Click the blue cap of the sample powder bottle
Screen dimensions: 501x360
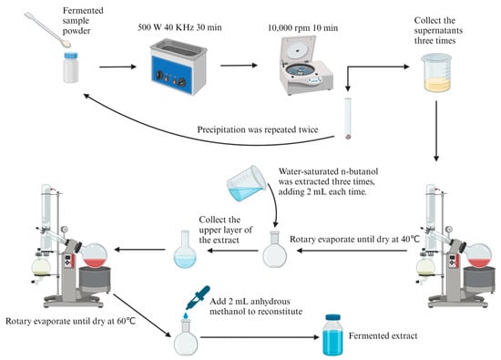pyautogui.click(x=71, y=56)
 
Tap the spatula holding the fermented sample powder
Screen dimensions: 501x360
pyautogui.click(x=47, y=30)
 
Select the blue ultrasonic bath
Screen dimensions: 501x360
pyautogui.click(x=179, y=67)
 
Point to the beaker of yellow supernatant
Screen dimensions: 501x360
pyautogui.click(x=436, y=73)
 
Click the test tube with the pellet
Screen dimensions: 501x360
pyautogui.click(x=348, y=118)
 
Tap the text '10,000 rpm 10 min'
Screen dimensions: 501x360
pyautogui.click(x=302, y=28)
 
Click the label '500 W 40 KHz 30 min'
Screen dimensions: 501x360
pyautogui.click(x=179, y=27)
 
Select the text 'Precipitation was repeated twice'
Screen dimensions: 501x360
pyautogui.click(x=258, y=129)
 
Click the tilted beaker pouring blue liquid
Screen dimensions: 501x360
pyautogui.click(x=246, y=183)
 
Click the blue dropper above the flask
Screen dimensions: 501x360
pyautogui.click(x=198, y=298)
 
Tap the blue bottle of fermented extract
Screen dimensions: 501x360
pyautogui.click(x=332, y=335)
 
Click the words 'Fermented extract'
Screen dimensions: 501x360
pyautogui.click(x=383, y=336)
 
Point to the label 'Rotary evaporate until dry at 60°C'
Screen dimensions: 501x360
pyautogui.click(x=71, y=321)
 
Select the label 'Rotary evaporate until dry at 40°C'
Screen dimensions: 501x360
pyautogui.click(x=354, y=240)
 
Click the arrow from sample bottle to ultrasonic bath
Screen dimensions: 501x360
pyautogui.click(x=118, y=67)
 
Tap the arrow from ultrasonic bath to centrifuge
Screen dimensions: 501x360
pyautogui.click(x=239, y=66)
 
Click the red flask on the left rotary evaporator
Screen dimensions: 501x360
pyautogui.click(x=94, y=255)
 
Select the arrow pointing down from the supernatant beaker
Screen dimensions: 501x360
pyautogui.click(x=436, y=131)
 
